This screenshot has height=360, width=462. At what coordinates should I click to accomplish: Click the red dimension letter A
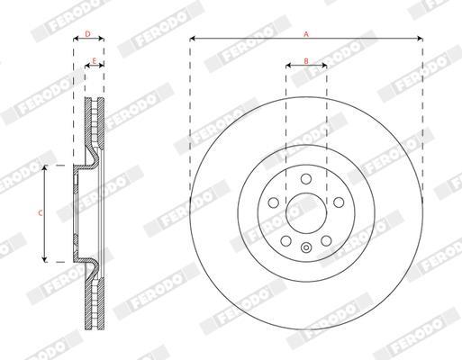point(306,34)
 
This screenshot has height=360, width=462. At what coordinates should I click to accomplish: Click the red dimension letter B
point(306,61)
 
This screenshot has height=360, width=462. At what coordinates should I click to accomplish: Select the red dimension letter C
point(41,213)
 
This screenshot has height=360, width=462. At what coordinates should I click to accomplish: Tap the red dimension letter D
point(87,34)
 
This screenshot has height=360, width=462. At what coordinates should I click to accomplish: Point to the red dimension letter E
point(94,61)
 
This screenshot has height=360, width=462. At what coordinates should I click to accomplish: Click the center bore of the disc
point(306,213)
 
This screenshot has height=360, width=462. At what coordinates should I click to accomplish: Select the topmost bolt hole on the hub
point(306,179)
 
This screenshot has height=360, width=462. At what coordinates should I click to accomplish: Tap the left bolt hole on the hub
point(273,202)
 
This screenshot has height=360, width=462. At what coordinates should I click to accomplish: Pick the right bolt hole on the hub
point(339,202)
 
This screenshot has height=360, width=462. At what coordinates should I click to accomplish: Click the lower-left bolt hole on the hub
point(285,240)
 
